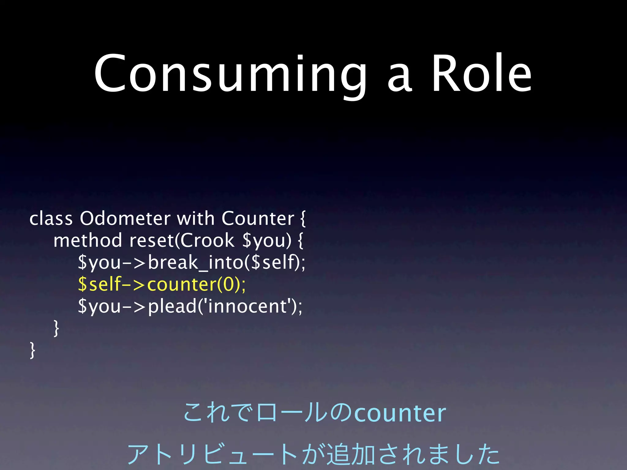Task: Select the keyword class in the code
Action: (x=51, y=218)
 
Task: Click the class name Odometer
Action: (x=125, y=218)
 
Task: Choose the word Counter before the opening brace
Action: (x=257, y=218)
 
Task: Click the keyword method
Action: (x=88, y=241)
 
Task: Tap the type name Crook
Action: (x=207, y=241)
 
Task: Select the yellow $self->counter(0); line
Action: (x=162, y=284)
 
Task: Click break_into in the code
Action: (x=196, y=263)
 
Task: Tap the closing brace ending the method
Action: (x=56, y=328)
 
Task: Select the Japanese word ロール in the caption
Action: (x=292, y=413)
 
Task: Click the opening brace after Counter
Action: (x=302, y=219)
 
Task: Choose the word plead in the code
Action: (x=172, y=306)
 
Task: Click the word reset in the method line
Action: (x=152, y=241)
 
